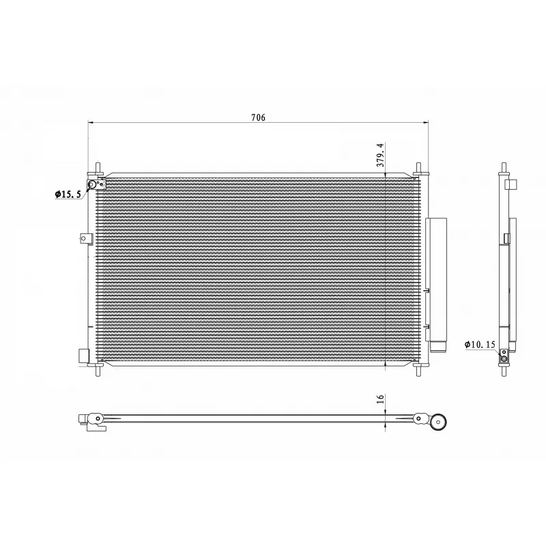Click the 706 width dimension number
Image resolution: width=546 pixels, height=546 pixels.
[257, 117]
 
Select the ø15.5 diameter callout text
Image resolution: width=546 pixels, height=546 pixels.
[68, 195]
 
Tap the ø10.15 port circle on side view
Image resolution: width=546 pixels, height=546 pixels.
[504, 360]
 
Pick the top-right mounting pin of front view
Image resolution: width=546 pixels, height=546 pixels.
[418, 168]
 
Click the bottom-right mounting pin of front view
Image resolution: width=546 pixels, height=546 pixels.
[418, 369]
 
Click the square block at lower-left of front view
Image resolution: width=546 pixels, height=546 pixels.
[84, 356]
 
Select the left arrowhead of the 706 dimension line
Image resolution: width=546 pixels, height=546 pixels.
[91, 123]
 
